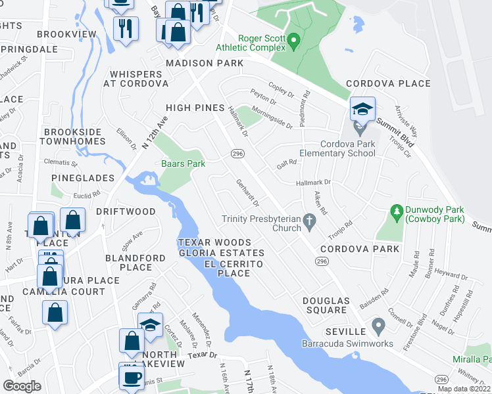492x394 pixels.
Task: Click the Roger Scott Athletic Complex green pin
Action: click(295, 41)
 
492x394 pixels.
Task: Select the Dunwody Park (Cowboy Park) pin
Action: click(396, 211)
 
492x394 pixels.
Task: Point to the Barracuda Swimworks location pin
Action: click(378, 325)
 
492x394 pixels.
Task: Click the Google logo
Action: click(22, 386)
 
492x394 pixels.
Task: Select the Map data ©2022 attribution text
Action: click(464, 389)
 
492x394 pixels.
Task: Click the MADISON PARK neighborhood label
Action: click(205, 63)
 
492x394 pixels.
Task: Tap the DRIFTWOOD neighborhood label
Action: click(126, 211)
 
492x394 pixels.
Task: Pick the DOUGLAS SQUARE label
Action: click(324, 305)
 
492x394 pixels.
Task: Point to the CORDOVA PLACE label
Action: click(388, 83)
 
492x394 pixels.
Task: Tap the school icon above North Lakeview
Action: click(150, 325)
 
